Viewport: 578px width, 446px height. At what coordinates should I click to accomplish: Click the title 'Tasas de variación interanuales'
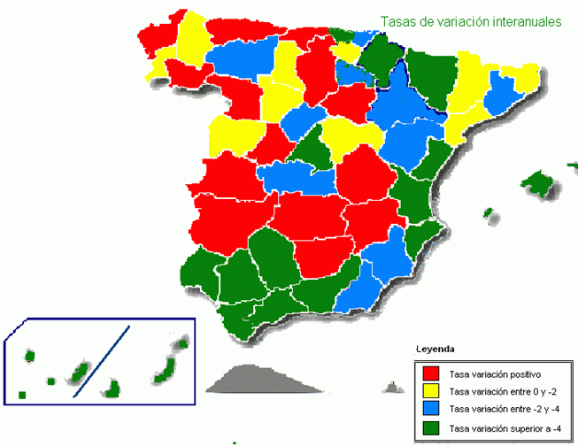coord(470,22)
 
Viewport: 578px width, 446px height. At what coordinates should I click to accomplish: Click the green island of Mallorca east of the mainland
coord(538,183)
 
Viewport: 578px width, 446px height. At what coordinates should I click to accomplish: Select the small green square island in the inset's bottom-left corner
coord(22,394)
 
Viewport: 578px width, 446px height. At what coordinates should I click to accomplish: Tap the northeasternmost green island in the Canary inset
coord(182,343)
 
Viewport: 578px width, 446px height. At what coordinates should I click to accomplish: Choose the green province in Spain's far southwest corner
coord(198,271)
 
